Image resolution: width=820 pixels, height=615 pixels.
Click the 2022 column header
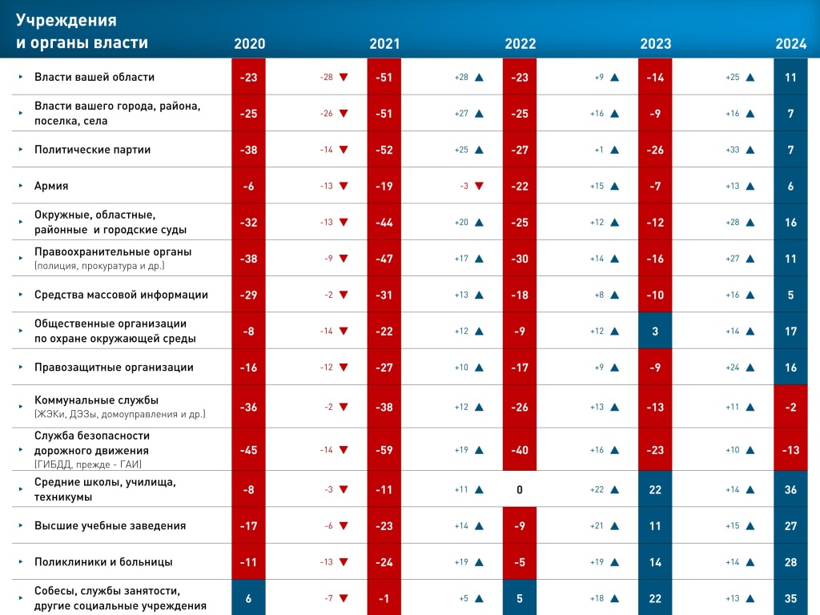(520, 44)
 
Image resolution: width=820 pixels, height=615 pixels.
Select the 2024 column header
(790, 44)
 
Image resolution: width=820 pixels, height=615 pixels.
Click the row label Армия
(51, 186)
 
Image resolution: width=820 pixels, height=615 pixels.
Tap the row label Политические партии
(92, 150)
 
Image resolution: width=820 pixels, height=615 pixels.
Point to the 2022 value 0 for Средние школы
(520, 489)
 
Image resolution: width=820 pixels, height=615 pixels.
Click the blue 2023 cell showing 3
(655, 331)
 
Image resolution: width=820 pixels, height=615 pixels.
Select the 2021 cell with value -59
(384, 450)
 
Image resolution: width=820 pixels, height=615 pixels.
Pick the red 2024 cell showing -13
(790, 450)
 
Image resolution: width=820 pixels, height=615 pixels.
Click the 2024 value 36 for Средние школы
(790, 489)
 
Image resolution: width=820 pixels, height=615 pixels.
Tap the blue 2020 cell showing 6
(248, 598)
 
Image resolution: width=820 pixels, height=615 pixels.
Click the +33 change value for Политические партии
(733, 150)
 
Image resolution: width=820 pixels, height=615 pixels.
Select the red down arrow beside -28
(344, 78)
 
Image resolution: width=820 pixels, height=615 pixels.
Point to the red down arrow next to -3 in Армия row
(479, 186)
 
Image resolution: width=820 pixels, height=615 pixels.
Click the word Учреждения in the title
(66, 20)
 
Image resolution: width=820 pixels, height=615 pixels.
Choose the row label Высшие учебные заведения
(110, 526)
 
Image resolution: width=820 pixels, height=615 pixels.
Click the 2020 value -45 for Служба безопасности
(248, 450)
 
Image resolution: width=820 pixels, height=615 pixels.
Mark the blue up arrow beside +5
(479, 598)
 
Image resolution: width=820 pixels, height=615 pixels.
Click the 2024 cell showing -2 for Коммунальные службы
(790, 407)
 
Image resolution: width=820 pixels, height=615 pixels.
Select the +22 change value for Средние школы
(597, 489)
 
